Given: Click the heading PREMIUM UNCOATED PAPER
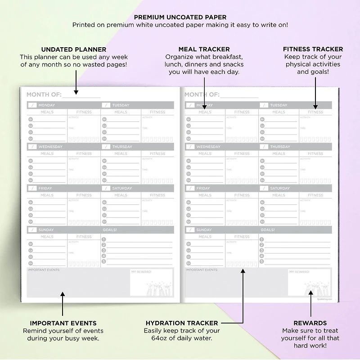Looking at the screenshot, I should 180,18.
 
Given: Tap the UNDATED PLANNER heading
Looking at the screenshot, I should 74,49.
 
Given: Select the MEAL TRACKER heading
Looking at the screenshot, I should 204,49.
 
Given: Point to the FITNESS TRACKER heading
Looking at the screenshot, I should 313,49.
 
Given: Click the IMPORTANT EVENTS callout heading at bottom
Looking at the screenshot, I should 63,323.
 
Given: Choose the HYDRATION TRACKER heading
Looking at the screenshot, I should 182,323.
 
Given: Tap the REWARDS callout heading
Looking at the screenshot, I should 310,323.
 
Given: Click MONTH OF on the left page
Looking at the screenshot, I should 44,94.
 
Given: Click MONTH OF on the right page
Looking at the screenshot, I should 202,94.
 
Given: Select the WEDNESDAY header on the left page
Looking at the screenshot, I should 50,147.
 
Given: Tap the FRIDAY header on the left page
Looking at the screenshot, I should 45,188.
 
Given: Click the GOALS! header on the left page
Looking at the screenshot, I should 110,230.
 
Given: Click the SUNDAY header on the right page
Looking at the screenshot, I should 204,230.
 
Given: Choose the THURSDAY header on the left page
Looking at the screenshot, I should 122,147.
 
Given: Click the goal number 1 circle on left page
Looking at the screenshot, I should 104,239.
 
